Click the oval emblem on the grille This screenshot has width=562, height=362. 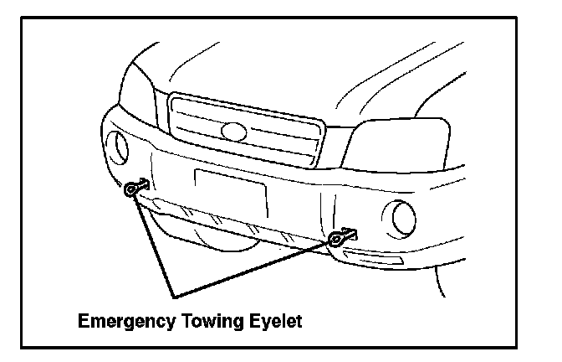coord(233,131)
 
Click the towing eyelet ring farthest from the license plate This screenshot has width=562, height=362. coord(132,190)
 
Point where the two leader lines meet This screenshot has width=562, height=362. coord(173,296)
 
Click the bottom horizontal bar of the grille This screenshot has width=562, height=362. coord(243,160)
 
